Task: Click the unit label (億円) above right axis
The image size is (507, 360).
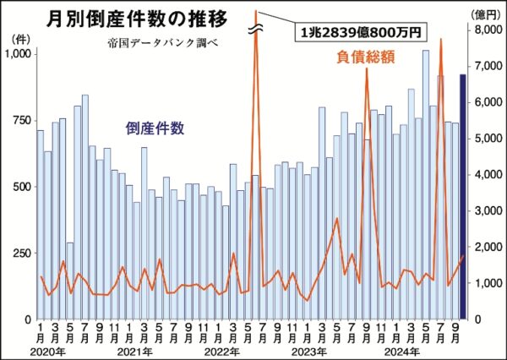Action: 482,14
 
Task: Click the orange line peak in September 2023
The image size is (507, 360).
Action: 366,71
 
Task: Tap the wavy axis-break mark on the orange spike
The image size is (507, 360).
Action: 255,30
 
